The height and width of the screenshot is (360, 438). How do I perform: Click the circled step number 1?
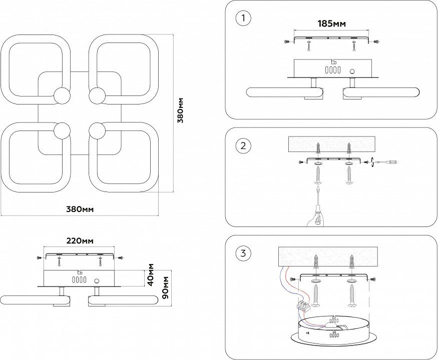(243, 18)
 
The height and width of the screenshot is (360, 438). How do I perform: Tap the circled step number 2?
(243, 146)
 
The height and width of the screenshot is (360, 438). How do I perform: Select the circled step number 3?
(243, 253)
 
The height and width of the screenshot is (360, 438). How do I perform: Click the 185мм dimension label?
(331, 23)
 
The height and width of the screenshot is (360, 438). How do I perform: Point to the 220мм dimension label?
(80, 240)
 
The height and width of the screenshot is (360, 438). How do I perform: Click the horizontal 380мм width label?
(80, 209)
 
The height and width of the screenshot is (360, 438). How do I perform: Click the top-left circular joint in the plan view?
(62, 95)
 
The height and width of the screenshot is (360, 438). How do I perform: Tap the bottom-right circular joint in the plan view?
(97, 131)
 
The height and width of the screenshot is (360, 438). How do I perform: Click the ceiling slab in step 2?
(332, 144)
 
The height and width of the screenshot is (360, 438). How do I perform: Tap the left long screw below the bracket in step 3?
(316, 294)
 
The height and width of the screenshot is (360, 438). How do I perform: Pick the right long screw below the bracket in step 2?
(349, 175)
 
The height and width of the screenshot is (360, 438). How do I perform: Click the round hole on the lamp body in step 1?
(352, 71)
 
